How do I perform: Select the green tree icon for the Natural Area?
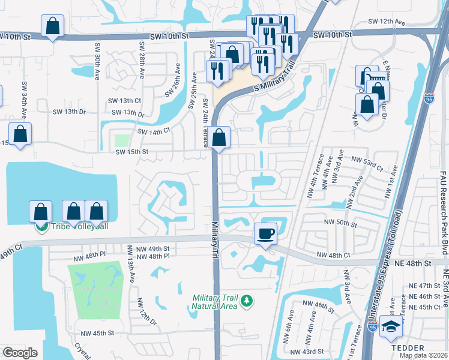click(x=246, y=300)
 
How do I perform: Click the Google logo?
click(x=20, y=353)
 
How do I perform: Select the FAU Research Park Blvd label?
click(x=442, y=204)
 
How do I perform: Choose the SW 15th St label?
click(x=131, y=152)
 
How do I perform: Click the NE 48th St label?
click(x=414, y=263)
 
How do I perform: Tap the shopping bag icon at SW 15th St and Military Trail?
click(x=220, y=137)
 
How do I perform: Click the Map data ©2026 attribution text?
click(x=423, y=355)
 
